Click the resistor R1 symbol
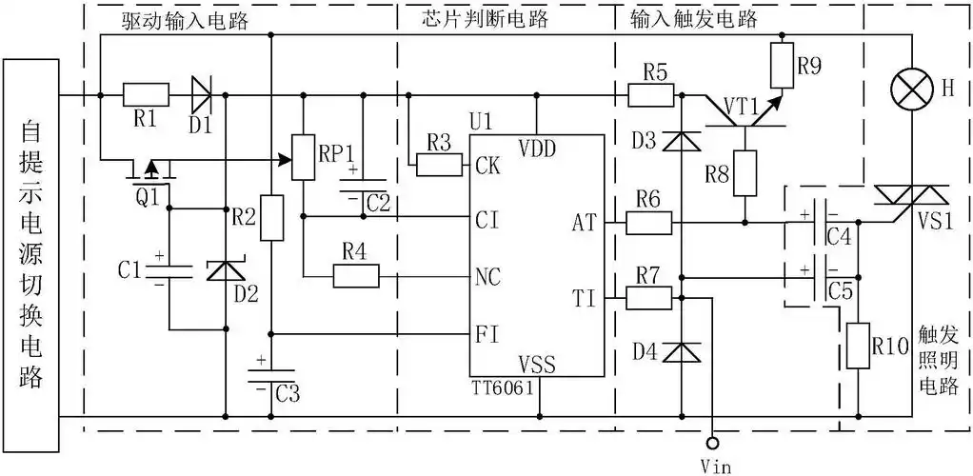(x=146, y=95)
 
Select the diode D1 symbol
(x=201, y=95)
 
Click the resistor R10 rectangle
(x=858, y=344)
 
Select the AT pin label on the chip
(x=584, y=223)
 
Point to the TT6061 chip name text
(x=501, y=389)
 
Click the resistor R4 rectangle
(x=356, y=277)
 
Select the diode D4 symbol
(x=682, y=352)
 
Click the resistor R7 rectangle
(x=648, y=297)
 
